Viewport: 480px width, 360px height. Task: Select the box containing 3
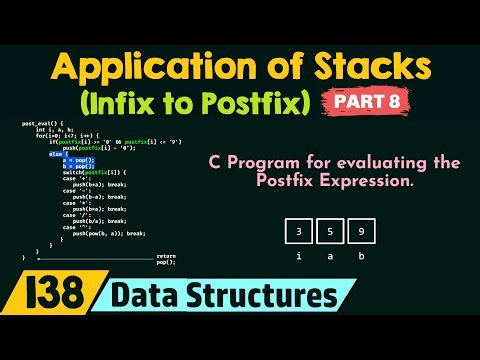(298, 232)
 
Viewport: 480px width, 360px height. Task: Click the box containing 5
(330, 232)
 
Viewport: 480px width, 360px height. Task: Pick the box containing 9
(362, 232)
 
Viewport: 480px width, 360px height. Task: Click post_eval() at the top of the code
(36, 124)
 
